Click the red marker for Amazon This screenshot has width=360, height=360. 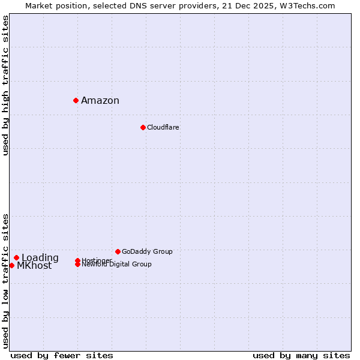76,100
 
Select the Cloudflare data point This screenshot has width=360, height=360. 143,127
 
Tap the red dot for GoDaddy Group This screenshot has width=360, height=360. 118,251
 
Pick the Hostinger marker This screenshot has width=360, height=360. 77,260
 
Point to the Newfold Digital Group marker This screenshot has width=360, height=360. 77,265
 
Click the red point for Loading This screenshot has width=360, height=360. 16,258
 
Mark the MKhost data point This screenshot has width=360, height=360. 11,265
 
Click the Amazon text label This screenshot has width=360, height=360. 100,101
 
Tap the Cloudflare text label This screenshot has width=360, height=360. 163,128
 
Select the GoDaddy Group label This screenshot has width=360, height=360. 147,252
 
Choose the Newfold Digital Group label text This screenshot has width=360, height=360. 117,265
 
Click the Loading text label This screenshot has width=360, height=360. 40,258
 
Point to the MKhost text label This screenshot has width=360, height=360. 34,266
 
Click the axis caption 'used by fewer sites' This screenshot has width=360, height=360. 62,355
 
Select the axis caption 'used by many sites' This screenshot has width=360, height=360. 301,355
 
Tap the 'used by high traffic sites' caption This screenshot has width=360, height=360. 5,85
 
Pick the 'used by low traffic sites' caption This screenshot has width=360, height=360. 5,281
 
